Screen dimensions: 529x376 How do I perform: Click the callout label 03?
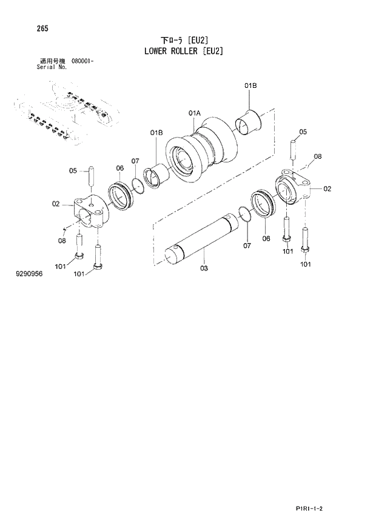coord(204,267)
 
